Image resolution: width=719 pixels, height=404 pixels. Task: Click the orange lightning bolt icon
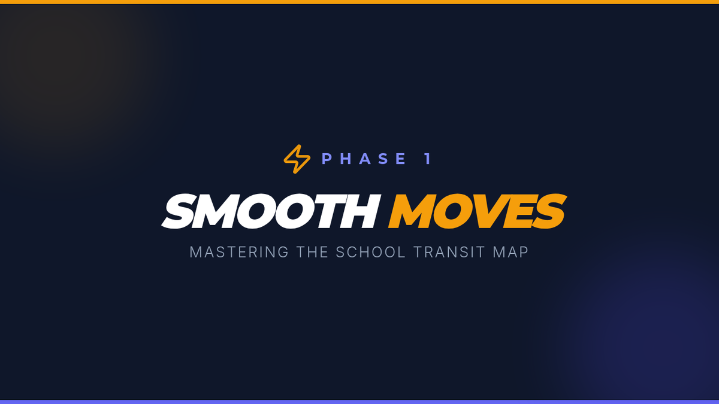[297, 159]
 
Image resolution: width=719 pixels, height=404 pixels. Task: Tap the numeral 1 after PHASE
[428, 159]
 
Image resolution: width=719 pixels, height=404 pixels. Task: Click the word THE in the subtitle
[312, 252]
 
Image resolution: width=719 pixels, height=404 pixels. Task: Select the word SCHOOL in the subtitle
[371, 252]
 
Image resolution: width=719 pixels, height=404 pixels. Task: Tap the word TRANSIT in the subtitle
[449, 252]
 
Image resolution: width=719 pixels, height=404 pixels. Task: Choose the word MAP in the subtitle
[510, 252]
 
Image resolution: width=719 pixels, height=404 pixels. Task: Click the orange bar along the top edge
[359, 2]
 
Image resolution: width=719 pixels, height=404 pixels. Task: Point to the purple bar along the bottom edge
[359, 402]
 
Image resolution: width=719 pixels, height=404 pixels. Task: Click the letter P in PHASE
[327, 159]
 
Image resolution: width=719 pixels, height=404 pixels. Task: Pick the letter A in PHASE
[365, 159]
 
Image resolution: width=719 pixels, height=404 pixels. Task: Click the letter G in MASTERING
[283, 252]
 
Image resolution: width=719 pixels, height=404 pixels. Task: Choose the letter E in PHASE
[402, 159]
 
